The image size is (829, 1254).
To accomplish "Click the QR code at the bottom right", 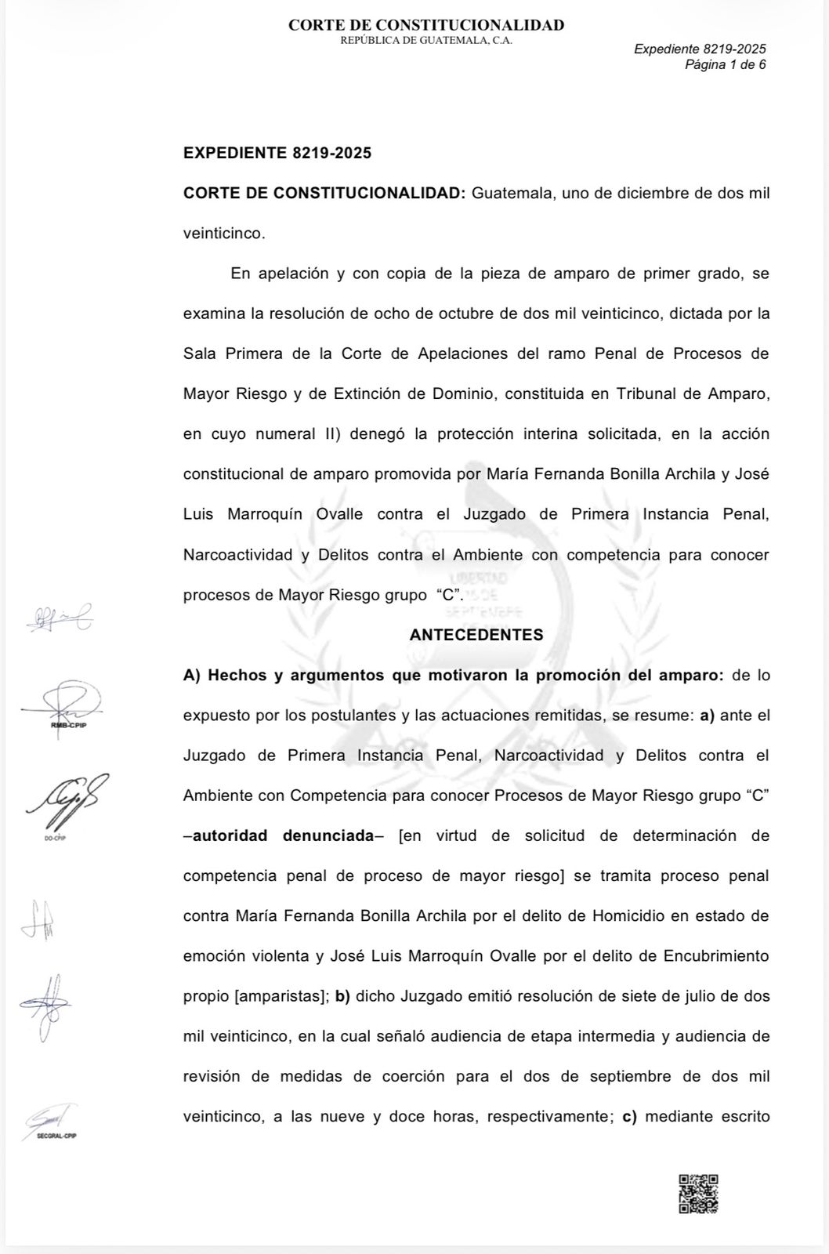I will pyautogui.click(x=698, y=1194).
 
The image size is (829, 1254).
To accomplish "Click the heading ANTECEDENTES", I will pyautogui.click(x=476, y=635).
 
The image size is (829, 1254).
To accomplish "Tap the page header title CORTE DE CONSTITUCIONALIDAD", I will pyautogui.click(x=426, y=25).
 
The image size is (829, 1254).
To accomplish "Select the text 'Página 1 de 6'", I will pyautogui.click(x=725, y=65).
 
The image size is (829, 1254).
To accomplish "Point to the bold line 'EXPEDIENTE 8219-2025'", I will pyautogui.click(x=277, y=153).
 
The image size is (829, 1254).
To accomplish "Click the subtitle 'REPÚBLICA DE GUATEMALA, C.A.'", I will pyautogui.click(x=426, y=41).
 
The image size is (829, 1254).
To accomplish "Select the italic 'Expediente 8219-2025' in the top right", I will pyautogui.click(x=700, y=49).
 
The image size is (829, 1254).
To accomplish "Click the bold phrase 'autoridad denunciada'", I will pyautogui.click(x=283, y=835).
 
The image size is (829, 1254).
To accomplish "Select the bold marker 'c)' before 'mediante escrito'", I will pyautogui.click(x=628, y=1117).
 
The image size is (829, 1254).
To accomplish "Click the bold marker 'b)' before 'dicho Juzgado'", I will pyautogui.click(x=342, y=996).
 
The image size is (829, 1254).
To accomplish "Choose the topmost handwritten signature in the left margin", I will pyautogui.click(x=60, y=619).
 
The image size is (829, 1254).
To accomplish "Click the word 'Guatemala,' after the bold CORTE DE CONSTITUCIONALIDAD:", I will pyautogui.click(x=512, y=194).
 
